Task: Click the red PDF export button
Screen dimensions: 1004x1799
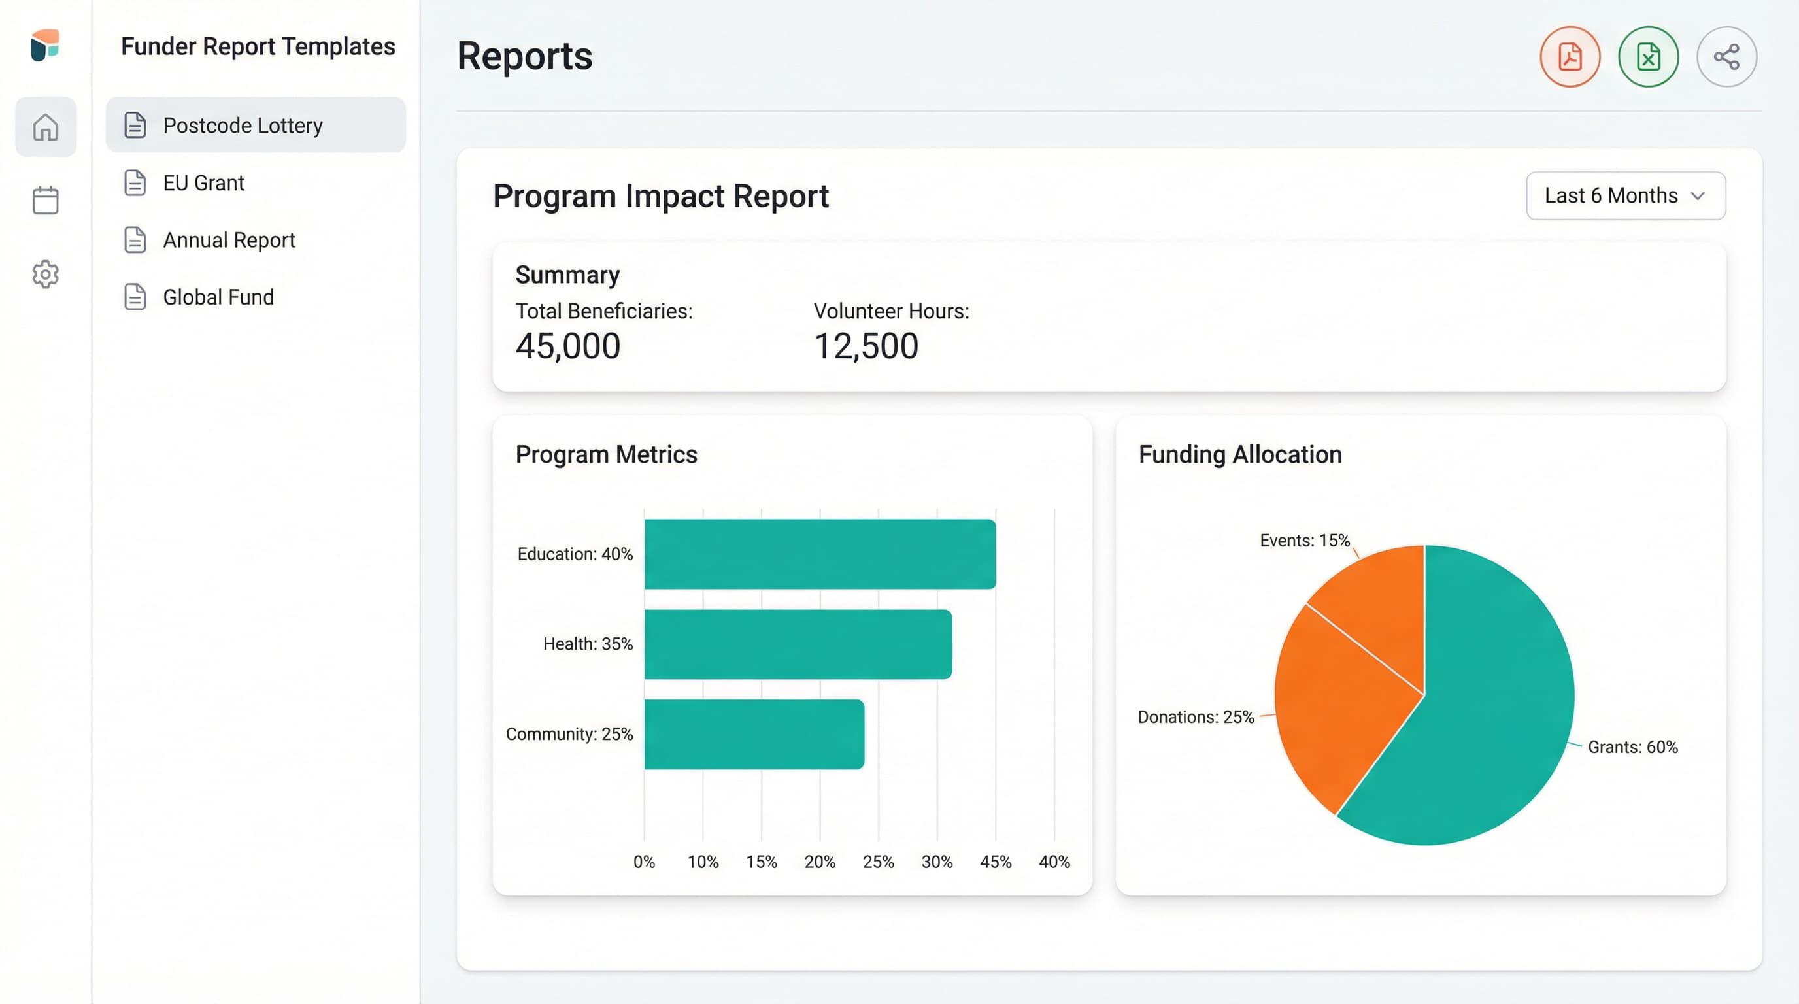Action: (x=1570, y=57)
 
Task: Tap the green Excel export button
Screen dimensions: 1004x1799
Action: (x=1647, y=57)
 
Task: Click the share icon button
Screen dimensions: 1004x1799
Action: (x=1726, y=57)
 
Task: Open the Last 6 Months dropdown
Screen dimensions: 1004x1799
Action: (x=1625, y=195)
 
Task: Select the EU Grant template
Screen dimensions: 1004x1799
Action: (x=203, y=183)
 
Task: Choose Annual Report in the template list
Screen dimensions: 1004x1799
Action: (x=228, y=240)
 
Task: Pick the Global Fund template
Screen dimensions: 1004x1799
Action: (x=218, y=297)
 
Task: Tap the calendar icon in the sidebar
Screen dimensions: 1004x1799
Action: (x=45, y=201)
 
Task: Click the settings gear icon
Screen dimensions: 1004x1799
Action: (x=45, y=275)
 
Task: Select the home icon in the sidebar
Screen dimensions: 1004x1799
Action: (x=45, y=127)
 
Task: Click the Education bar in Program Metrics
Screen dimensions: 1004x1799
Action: (x=819, y=554)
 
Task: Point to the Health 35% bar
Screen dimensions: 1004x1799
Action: (x=797, y=644)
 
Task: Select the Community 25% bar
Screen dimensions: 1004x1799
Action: (x=754, y=734)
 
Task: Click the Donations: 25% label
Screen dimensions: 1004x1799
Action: (x=1195, y=717)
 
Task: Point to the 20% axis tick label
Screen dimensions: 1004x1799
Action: (x=819, y=862)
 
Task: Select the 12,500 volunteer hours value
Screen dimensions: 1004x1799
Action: (x=866, y=346)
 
